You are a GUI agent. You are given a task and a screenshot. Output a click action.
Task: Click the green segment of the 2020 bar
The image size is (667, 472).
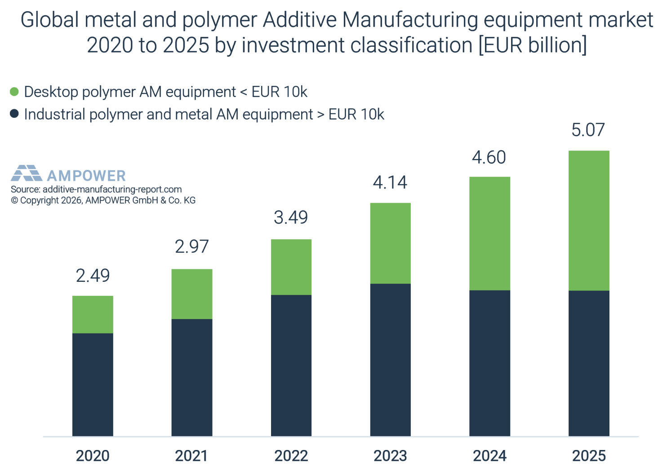tap(93, 314)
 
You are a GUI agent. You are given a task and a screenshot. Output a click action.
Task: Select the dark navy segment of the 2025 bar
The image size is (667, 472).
tap(589, 363)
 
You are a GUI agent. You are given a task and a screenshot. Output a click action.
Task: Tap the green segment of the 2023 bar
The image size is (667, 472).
tap(390, 243)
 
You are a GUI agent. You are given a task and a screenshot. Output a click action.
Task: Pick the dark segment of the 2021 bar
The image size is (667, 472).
tap(192, 378)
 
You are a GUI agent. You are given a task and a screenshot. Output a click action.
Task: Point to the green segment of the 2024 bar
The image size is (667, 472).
tap(489, 233)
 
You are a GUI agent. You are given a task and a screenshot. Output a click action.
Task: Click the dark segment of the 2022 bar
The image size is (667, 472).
tap(291, 365)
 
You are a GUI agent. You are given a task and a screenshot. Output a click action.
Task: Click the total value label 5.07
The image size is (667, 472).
tap(588, 130)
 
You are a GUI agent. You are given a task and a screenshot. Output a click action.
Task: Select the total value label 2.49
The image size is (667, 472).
tap(93, 276)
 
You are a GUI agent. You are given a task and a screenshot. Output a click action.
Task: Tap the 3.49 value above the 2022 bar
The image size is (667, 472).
tap(291, 218)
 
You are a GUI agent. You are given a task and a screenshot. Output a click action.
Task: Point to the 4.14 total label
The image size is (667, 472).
tap(390, 183)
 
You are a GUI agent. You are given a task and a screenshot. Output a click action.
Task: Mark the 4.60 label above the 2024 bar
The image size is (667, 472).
tap(489, 157)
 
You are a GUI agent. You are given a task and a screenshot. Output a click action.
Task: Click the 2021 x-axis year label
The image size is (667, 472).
tap(191, 456)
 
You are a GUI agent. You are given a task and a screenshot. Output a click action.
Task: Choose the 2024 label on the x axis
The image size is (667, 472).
tap(489, 456)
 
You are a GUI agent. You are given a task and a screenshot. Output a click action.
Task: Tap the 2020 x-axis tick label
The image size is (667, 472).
tap(93, 456)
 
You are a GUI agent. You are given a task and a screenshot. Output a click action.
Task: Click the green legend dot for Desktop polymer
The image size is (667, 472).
tap(14, 92)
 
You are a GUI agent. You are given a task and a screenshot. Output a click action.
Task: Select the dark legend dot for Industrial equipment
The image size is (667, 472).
tap(14, 114)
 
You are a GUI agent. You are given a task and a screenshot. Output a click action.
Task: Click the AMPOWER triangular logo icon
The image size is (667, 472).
tap(26, 173)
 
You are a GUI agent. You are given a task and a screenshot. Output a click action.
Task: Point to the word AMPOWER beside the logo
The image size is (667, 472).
tap(86, 176)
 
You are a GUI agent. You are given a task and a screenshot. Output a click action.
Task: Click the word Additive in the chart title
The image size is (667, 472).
tap(300, 20)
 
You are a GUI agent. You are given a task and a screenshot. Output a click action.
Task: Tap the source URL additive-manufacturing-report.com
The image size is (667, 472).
tap(112, 189)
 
